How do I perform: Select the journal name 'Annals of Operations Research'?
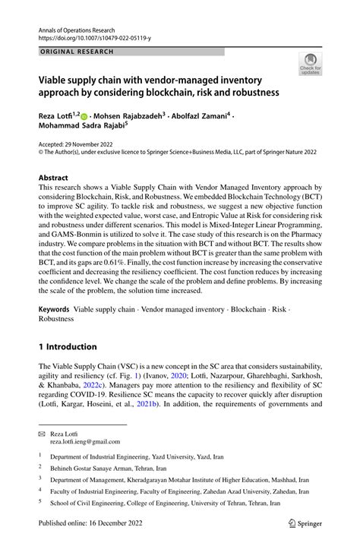[x=82, y=26]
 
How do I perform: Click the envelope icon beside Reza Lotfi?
[x=43, y=432]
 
